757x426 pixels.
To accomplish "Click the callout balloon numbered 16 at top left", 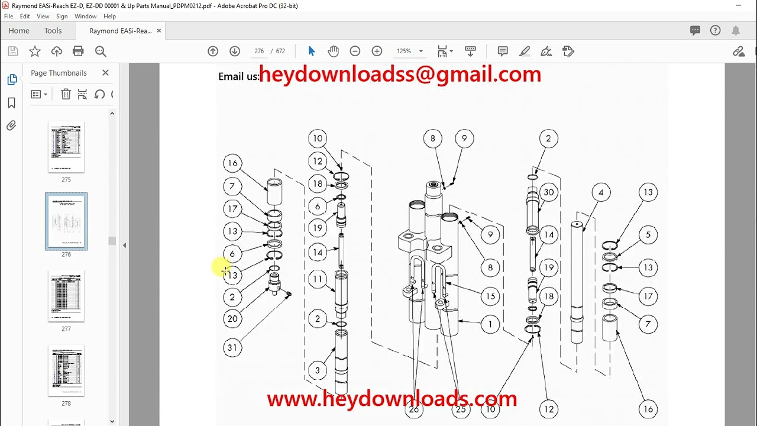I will click(232, 163).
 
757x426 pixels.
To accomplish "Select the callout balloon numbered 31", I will click(232, 348).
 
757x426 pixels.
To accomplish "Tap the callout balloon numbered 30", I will click(549, 192).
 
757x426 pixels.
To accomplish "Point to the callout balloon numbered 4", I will click(601, 192).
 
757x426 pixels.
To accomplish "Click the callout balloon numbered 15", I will click(490, 296).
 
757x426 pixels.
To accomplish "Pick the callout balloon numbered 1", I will click(490, 324).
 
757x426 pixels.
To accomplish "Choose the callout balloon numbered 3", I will click(318, 371).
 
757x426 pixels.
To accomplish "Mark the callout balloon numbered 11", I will click(318, 279).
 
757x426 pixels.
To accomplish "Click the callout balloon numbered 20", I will click(232, 319).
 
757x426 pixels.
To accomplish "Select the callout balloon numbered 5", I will click(648, 235).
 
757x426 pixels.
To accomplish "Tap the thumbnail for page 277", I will click(66, 296).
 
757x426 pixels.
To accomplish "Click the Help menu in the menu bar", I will click(109, 17).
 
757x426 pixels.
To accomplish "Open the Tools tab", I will click(53, 31).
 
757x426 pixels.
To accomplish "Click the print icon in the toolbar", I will click(78, 51).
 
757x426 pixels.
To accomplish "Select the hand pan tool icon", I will click(334, 51).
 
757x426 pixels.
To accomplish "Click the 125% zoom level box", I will click(405, 51).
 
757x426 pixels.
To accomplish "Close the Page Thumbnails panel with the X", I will click(105, 73).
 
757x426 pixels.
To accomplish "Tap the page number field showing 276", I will click(259, 51).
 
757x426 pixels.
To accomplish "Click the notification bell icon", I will click(736, 31).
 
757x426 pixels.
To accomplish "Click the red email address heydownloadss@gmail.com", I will click(400, 75).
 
